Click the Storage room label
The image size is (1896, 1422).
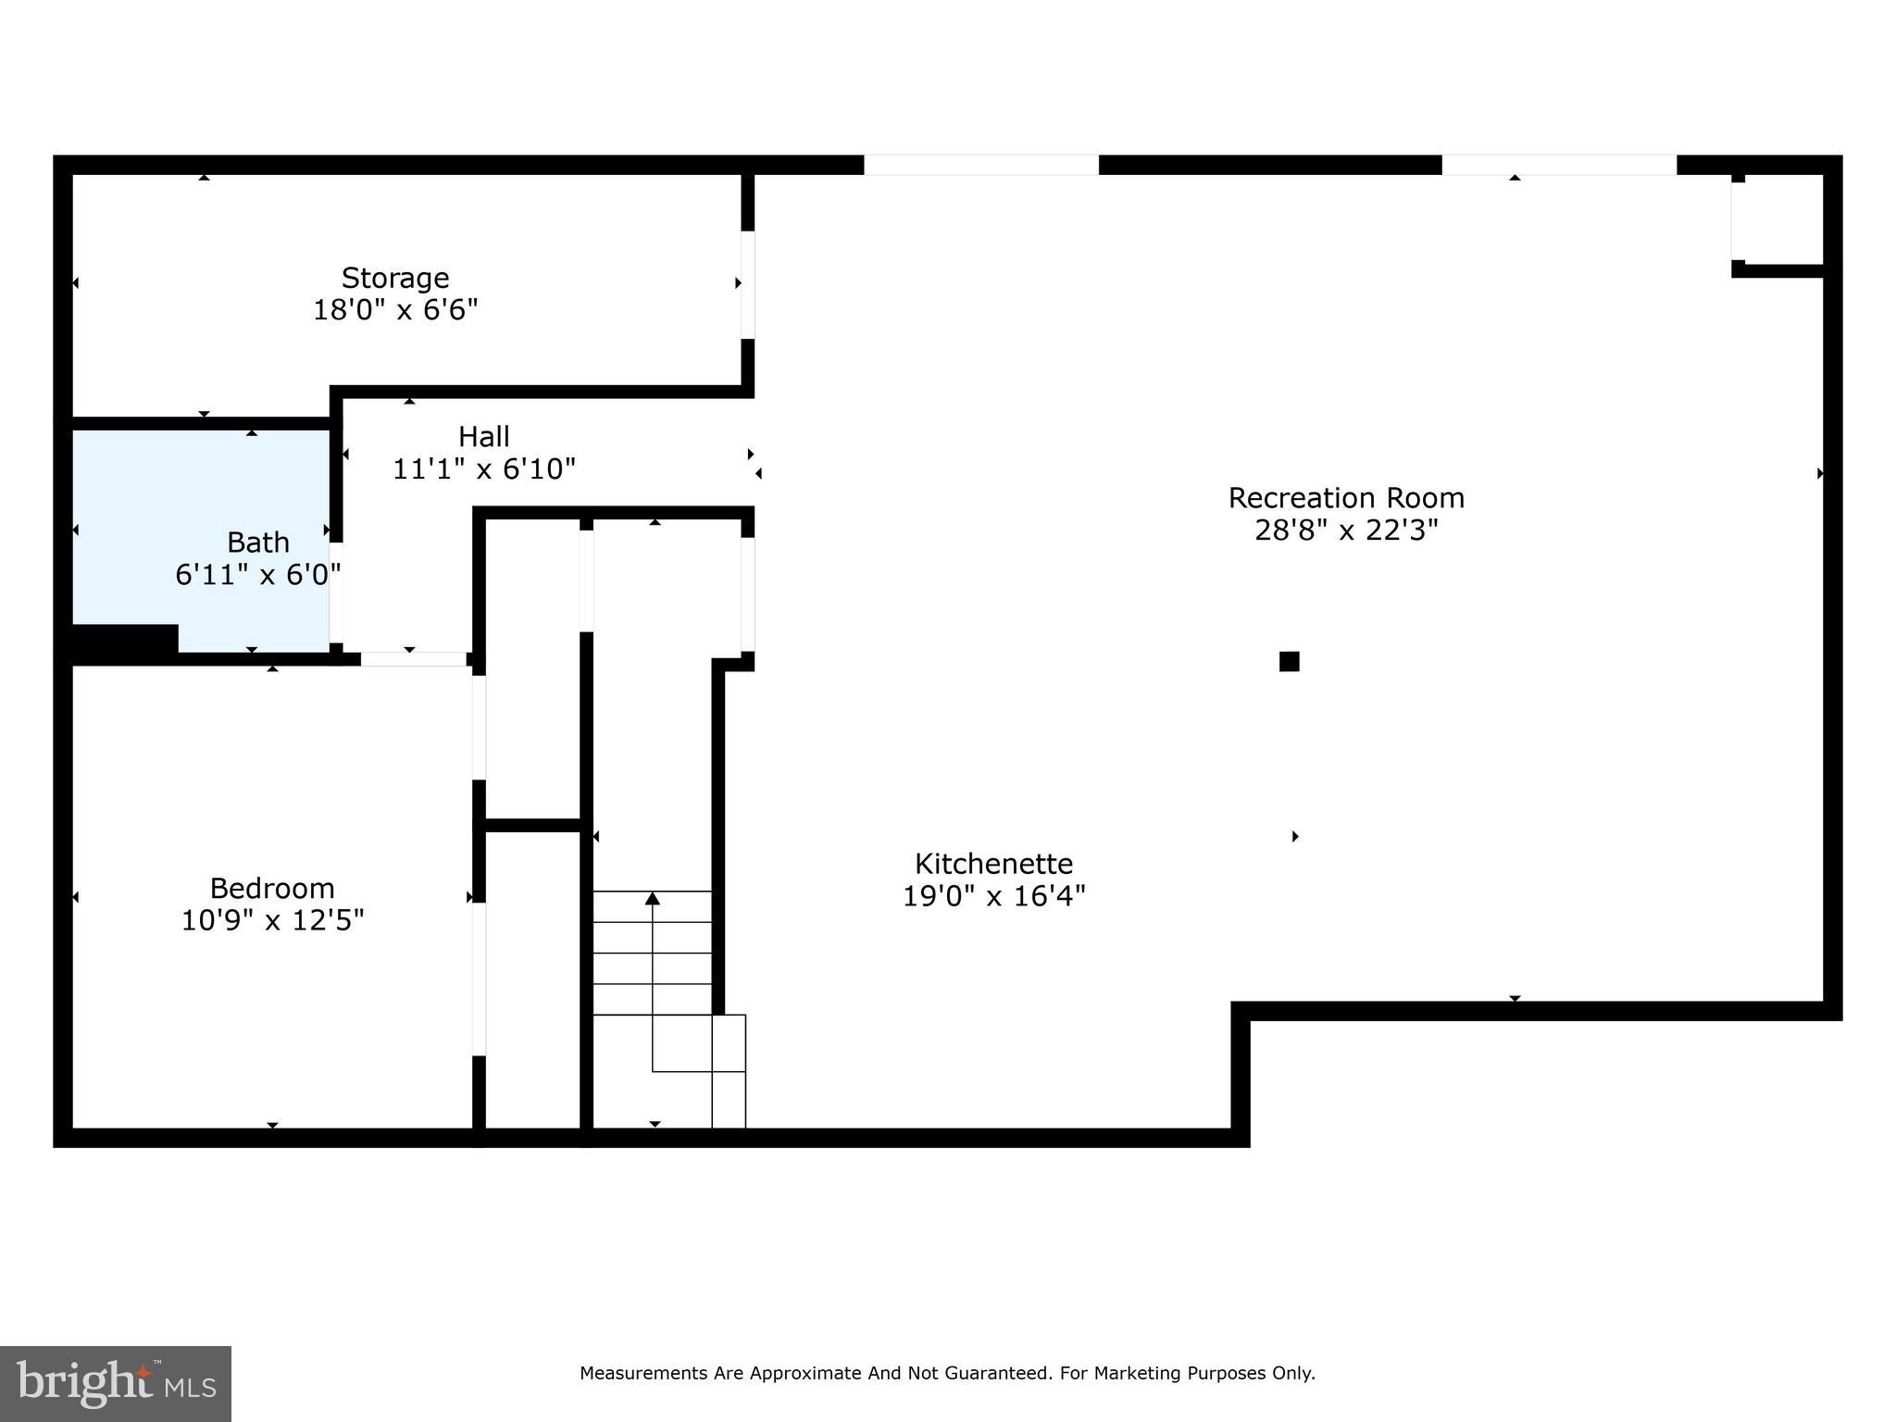[395, 278]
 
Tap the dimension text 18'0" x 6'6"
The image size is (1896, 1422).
[395, 309]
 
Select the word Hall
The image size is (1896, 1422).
[483, 436]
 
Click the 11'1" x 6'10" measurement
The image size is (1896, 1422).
[483, 469]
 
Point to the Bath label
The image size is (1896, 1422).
[258, 542]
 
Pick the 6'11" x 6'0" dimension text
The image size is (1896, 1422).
[258, 575]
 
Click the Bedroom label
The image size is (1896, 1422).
[272, 888]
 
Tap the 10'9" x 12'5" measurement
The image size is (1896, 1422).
[272, 920]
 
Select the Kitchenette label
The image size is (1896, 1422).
[993, 863]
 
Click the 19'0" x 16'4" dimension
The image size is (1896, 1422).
[993, 896]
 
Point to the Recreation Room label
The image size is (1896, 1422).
[1345, 497]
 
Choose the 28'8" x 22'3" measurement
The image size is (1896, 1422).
[1345, 530]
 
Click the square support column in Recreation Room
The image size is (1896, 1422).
[1289, 661]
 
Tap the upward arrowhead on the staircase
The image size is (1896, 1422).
[653, 898]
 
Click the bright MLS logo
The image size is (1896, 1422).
[116, 1383]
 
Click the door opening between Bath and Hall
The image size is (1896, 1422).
[336, 592]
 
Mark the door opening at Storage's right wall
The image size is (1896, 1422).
[747, 284]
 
